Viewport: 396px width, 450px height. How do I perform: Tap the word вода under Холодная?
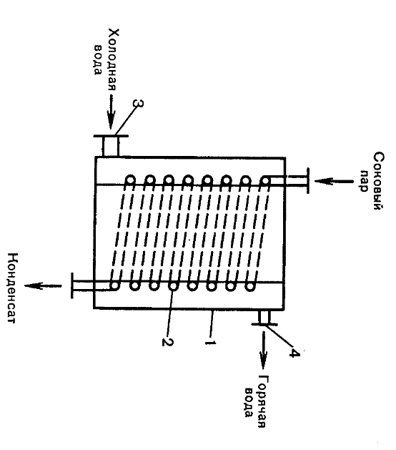[98, 59]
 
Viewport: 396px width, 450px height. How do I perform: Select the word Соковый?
[378, 181]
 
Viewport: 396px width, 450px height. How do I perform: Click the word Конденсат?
[13, 288]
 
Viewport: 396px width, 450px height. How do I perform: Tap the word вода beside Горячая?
[249, 402]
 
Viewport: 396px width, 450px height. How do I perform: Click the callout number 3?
[138, 103]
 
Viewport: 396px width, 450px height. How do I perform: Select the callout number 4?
[294, 353]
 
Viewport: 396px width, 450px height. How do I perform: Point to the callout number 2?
[167, 342]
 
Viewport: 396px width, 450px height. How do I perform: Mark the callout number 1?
[210, 343]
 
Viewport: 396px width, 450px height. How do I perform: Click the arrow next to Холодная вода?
[112, 112]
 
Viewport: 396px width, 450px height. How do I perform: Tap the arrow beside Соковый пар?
[334, 181]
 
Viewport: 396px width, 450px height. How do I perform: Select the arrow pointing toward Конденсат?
[43, 286]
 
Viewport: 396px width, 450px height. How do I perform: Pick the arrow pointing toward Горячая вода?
[263, 350]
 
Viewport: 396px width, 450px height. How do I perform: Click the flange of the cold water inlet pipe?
[111, 136]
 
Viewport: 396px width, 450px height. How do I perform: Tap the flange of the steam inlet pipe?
[308, 181]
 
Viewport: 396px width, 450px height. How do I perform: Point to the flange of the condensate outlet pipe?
[72, 285]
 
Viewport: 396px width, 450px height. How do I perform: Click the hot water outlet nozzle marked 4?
[264, 318]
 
